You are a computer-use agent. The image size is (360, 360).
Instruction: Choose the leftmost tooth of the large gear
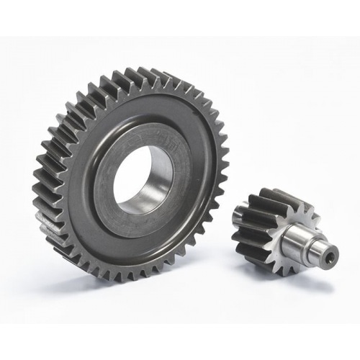click(38, 194)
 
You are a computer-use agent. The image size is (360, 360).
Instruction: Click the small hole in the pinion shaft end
click(333, 254)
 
